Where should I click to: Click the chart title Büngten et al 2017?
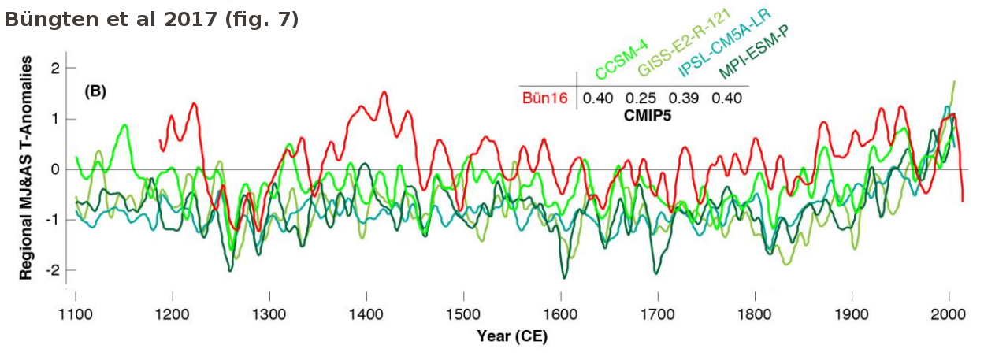(151, 20)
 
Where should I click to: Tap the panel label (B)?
(95, 91)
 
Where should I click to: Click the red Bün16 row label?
(544, 98)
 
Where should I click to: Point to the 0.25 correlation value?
(641, 98)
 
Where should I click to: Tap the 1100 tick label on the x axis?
(76, 317)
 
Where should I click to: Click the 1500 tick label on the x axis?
(463, 317)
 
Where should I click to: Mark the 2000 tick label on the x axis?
(949, 317)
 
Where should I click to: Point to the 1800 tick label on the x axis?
(755, 317)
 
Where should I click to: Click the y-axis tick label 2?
(55, 69)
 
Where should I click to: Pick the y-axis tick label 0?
(55, 169)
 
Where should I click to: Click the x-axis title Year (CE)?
(512, 337)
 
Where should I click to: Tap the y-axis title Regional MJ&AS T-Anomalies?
(27, 170)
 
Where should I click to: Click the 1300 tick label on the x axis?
(269, 317)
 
